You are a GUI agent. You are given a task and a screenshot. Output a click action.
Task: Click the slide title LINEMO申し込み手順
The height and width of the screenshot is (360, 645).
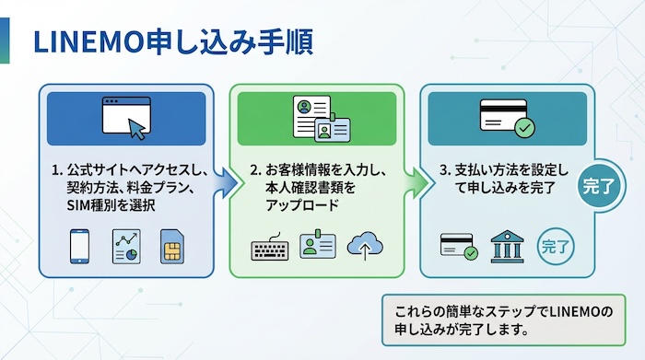pos(171,41)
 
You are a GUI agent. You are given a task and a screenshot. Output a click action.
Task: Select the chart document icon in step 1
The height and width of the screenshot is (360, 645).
pos(125,245)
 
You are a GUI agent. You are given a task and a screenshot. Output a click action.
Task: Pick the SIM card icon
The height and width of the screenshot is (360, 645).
pos(171,246)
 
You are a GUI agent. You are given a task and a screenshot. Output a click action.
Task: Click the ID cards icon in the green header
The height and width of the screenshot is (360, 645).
pos(316,118)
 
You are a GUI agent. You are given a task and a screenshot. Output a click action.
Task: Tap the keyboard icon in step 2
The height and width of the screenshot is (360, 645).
pos(270,248)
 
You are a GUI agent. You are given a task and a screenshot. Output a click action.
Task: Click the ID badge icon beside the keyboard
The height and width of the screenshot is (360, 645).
pos(318,246)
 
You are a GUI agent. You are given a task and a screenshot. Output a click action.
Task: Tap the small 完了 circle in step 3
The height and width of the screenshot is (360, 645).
pos(556,246)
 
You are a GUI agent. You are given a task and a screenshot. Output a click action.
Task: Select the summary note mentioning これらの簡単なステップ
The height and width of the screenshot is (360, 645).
pos(503,319)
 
